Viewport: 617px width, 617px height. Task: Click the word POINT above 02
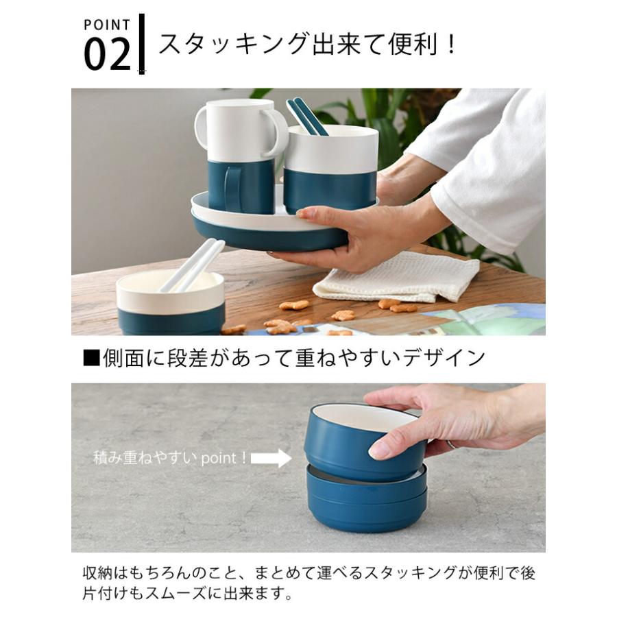pyautogui.click(x=106, y=25)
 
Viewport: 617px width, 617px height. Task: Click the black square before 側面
pyautogui.click(x=91, y=357)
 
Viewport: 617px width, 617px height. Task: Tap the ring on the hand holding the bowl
pyautogui.click(x=452, y=444)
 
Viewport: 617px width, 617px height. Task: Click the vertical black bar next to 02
pyautogui.click(x=142, y=43)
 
